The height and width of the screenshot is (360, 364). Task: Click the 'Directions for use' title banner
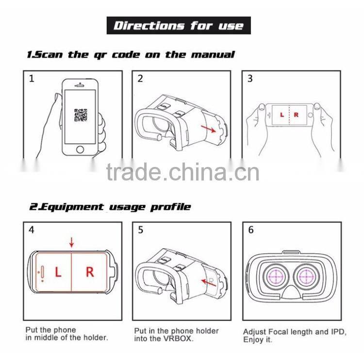coord(178,26)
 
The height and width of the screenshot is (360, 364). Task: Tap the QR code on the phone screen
coord(80,115)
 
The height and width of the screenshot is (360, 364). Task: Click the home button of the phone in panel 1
coord(80,149)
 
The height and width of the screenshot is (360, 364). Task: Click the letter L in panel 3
coord(282,115)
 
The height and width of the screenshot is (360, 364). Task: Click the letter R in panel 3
coord(296,115)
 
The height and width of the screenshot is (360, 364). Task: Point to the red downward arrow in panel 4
coord(72,242)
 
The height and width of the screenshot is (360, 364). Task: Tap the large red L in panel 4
coord(58,272)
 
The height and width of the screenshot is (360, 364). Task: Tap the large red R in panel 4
coord(90,272)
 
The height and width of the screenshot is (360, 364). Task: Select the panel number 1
coord(32,79)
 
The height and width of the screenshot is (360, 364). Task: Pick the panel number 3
coord(250,79)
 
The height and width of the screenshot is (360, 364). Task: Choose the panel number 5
coord(140,230)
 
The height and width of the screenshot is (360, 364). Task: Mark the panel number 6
coord(250,230)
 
